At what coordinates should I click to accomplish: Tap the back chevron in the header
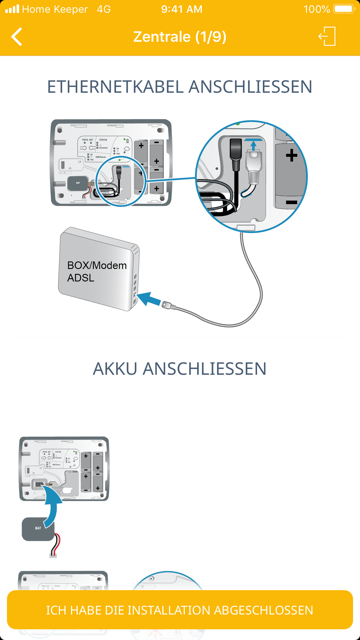click(17, 37)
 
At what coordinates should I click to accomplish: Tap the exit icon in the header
click(327, 36)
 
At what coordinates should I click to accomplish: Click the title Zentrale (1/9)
click(180, 37)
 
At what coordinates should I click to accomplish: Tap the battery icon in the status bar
click(344, 9)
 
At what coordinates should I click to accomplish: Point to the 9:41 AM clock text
click(182, 9)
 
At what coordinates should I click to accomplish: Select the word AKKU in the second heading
click(115, 369)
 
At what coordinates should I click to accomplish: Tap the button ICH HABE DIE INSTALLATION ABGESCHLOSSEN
click(180, 610)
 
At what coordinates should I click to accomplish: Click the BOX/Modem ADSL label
click(97, 272)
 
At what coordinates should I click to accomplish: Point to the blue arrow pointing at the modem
click(148, 299)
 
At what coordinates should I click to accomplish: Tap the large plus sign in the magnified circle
click(291, 155)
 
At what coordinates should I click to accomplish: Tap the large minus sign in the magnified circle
click(291, 202)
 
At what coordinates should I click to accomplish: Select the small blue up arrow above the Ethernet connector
click(254, 145)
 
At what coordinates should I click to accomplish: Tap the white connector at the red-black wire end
click(53, 555)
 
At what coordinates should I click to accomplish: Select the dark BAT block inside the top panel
click(78, 183)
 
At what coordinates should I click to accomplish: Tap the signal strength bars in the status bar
click(12, 9)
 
